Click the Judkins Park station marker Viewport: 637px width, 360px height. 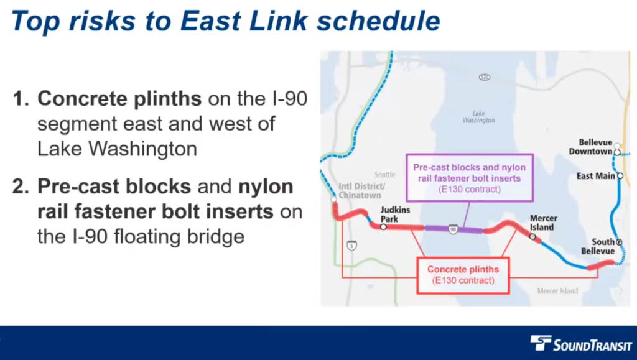click(383, 227)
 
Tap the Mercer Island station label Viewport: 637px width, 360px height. click(543, 223)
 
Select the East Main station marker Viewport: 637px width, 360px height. click(620, 176)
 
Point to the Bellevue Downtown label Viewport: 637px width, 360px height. click(590, 147)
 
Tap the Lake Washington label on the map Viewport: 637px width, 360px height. click(478, 117)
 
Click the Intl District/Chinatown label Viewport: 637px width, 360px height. click(361, 191)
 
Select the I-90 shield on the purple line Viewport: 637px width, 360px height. click(453, 229)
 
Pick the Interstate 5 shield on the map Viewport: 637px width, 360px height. click(352, 245)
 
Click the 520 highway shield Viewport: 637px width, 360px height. click(484, 77)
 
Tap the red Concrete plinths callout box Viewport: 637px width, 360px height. click(463, 275)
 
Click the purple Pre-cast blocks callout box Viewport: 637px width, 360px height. click(470, 178)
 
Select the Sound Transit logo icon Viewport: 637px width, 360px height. click(541, 343)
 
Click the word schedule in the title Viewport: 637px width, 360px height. click(379, 21)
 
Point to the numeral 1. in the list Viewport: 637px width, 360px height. click(21, 99)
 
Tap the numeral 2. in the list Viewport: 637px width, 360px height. click(21, 187)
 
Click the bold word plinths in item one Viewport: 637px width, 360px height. click(167, 99)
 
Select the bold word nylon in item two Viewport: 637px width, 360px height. click(266, 187)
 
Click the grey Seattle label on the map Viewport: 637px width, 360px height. click(384, 175)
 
